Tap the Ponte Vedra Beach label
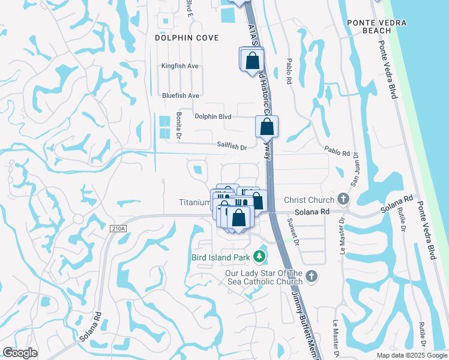click(x=377, y=26)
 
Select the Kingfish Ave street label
click(x=180, y=66)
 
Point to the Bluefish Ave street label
click(x=180, y=95)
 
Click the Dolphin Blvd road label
click(x=212, y=116)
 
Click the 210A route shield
click(x=118, y=228)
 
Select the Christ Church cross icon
click(x=343, y=199)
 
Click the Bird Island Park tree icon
click(x=259, y=257)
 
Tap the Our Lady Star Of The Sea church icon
click(x=310, y=276)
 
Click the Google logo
click(x=20, y=353)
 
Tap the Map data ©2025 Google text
click(x=412, y=355)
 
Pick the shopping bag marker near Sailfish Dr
click(x=267, y=127)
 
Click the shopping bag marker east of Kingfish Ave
click(x=252, y=60)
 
